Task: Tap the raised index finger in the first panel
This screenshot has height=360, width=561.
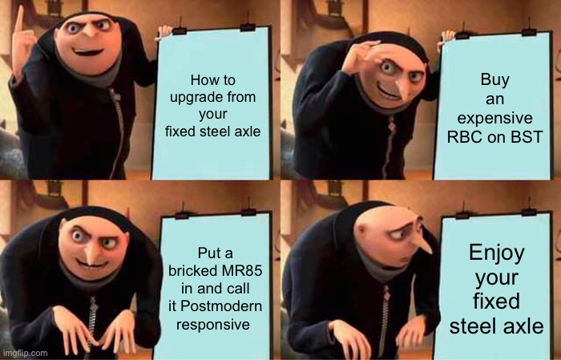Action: pyautogui.click(x=18, y=20)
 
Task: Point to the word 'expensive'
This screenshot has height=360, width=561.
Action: pyautogui.click(x=494, y=119)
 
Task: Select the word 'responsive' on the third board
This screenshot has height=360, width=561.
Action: pyautogui.click(x=213, y=325)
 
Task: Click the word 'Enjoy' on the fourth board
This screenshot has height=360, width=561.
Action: pyautogui.click(x=497, y=253)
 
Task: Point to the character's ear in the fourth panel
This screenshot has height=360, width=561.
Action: pyautogui.click(x=361, y=231)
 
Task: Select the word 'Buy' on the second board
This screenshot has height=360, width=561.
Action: pyautogui.click(x=494, y=80)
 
